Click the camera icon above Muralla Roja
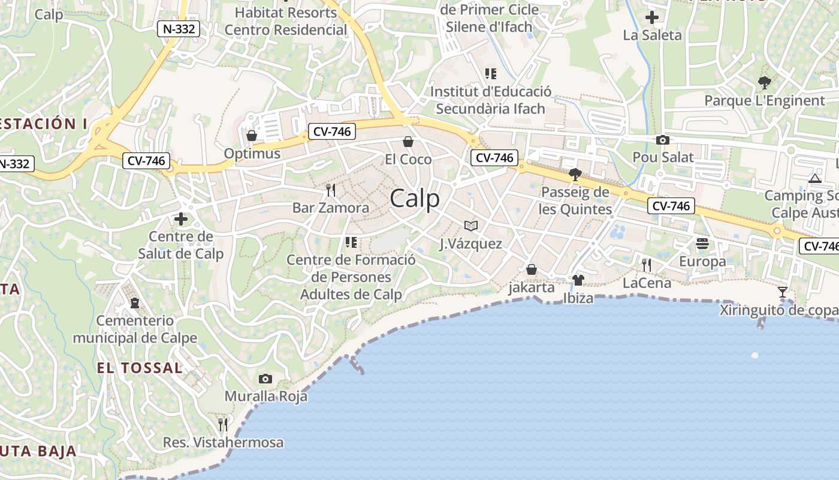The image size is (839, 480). coord(265,379)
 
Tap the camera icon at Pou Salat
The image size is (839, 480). coord(663,140)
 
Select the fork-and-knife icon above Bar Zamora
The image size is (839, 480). coord(330,190)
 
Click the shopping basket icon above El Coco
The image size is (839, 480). coord(408,142)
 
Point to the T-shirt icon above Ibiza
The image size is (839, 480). coord(578,280)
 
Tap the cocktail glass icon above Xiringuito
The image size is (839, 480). coord(782,292)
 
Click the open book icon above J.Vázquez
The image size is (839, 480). coord(471,226)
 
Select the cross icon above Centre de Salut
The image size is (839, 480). coord(181,219)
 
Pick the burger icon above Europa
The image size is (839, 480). coord(702,244)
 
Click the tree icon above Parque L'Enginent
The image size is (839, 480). coord(764,82)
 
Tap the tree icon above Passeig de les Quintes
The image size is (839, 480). coord(575,175)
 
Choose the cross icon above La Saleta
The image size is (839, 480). coord(652,17)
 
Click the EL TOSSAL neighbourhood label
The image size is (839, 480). coord(140,368)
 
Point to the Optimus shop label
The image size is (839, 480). coord(252,154)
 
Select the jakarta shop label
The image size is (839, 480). coord(532,287)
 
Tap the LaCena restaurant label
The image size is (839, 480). coord(647,283)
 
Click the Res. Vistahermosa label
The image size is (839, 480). coord(223,443)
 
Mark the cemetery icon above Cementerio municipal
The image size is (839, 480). coord(135,302)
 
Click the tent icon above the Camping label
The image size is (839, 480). coord(814,178)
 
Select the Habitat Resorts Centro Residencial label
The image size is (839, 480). coord(286,21)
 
